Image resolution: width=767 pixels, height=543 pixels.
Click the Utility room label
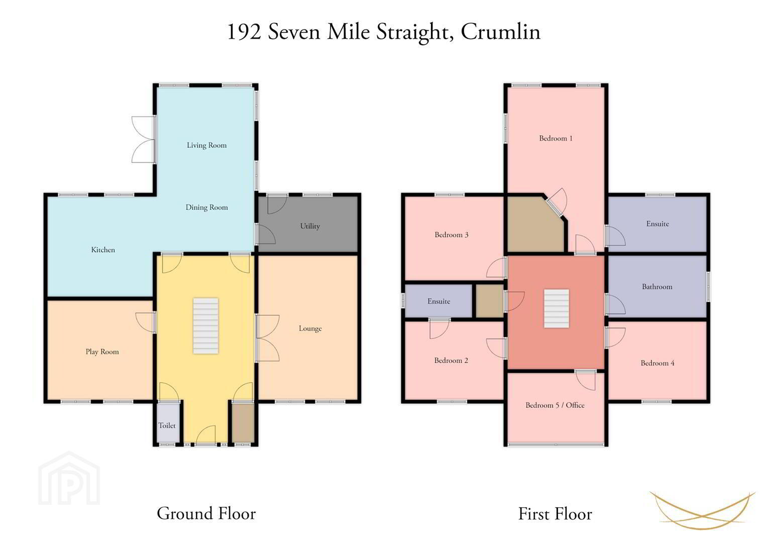[x=310, y=226]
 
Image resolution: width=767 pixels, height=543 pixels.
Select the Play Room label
[x=102, y=352]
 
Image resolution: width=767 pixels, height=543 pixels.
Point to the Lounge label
[x=310, y=328]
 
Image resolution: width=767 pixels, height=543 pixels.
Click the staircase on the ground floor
[x=205, y=326]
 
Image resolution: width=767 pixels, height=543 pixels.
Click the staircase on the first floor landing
[x=557, y=309]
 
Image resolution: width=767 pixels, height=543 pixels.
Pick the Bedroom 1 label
[x=556, y=138]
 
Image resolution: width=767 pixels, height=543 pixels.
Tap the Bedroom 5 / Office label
[x=555, y=405]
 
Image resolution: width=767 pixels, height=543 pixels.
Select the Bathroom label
[x=657, y=287]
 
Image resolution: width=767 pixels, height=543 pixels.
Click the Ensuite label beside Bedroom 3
[x=439, y=301]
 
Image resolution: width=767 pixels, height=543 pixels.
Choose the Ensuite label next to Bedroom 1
[x=658, y=224]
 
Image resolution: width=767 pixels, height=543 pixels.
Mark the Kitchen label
[x=103, y=250]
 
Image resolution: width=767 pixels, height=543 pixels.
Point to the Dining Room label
[x=206, y=207]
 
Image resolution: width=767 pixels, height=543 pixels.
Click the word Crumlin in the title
[x=501, y=32]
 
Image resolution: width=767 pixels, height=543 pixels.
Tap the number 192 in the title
[x=245, y=32]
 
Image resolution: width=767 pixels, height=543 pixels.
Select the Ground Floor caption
[x=206, y=514]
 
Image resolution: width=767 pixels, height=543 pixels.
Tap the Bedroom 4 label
[x=658, y=363]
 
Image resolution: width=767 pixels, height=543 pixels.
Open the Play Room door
[x=146, y=322]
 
